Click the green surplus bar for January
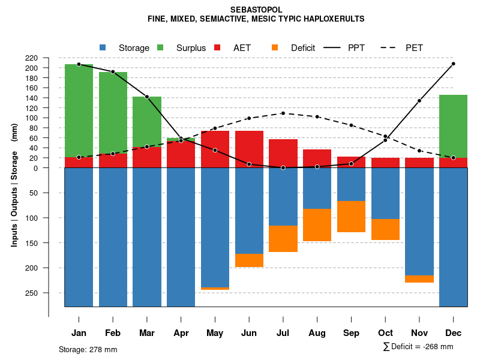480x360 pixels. (79, 110)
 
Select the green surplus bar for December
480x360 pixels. (453, 126)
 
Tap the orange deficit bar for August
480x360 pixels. (317, 225)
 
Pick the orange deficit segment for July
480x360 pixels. (283, 238)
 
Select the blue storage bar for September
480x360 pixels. (352, 184)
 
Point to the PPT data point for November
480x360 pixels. (419, 101)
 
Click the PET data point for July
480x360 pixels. (283, 113)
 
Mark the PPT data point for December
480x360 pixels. (454, 64)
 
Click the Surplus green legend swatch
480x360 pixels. (160, 47)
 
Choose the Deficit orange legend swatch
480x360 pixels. (275, 47)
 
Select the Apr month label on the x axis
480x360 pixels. (181, 333)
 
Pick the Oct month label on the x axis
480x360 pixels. (385, 333)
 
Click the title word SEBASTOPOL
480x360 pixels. (256, 10)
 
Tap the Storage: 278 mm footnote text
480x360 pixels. (88, 349)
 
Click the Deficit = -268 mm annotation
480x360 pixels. (418, 347)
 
